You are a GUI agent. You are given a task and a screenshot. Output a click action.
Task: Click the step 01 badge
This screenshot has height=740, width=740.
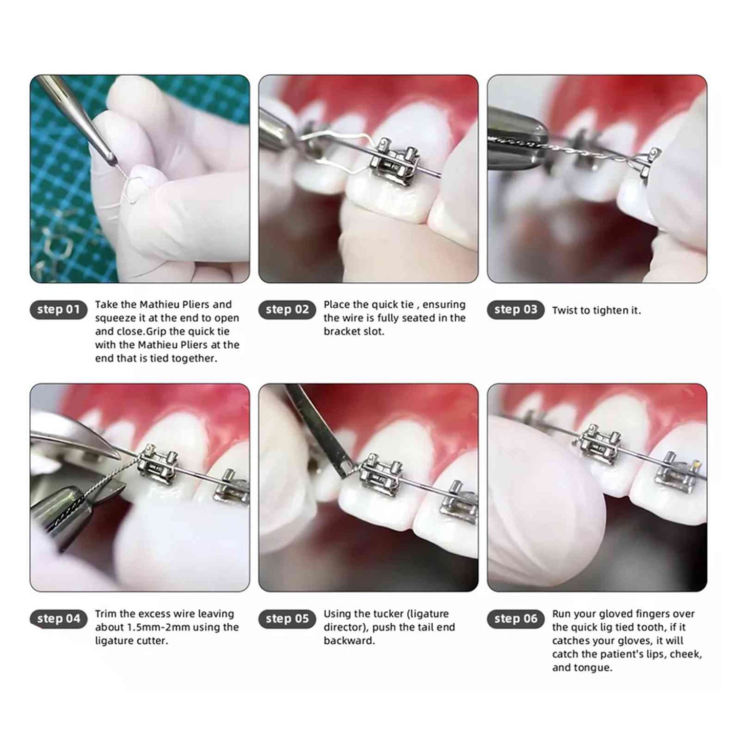point(58,309)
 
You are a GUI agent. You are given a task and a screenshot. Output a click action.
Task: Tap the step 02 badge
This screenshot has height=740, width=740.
point(287,309)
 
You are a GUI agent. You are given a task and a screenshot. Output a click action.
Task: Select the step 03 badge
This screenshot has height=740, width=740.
point(516,309)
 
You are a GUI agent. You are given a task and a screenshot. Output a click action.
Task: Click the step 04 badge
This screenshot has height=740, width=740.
point(58,619)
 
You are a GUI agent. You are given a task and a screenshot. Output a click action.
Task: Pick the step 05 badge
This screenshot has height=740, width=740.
point(287,619)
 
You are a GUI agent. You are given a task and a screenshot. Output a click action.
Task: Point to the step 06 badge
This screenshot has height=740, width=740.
point(516,619)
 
